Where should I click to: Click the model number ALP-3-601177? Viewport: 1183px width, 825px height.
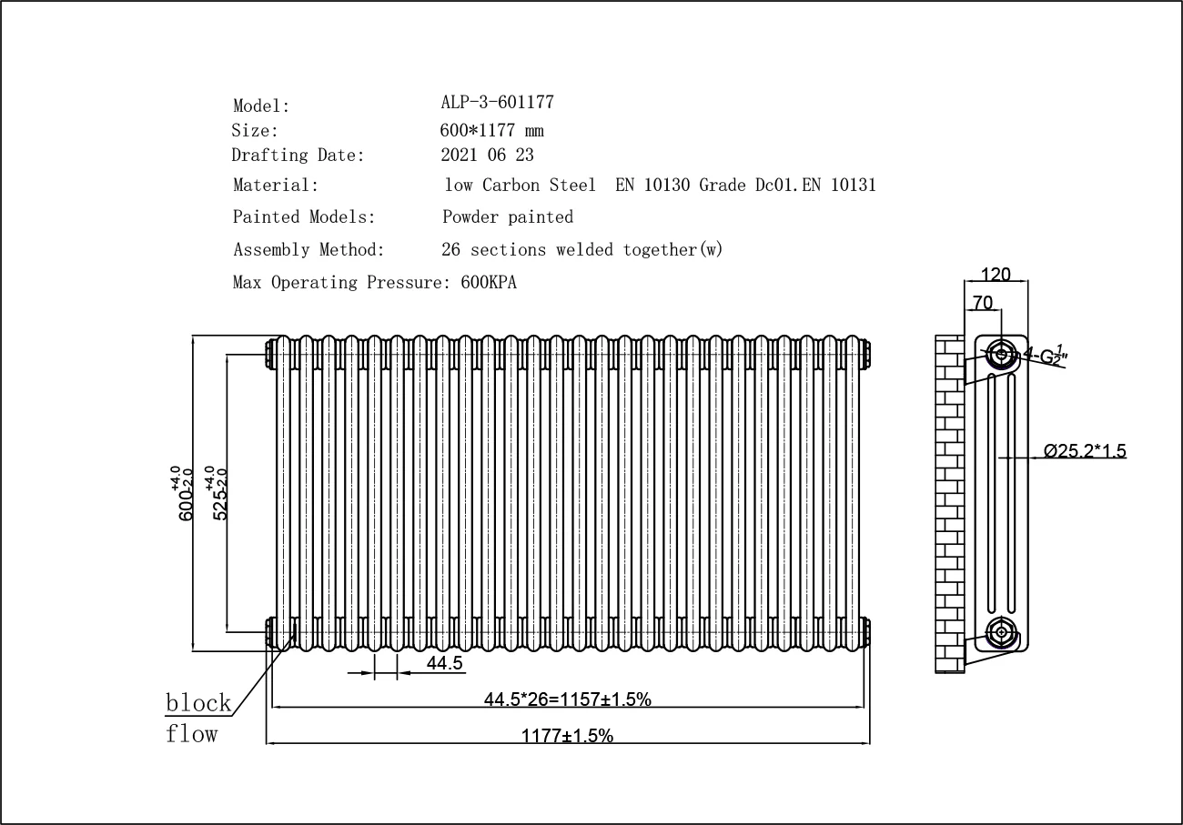[497, 102]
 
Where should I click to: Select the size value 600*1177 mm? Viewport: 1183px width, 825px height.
[491, 130]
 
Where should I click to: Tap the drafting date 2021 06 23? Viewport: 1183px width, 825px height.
[487, 156]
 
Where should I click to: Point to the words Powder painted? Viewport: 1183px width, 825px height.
[508, 216]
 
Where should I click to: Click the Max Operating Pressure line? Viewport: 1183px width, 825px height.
[374, 282]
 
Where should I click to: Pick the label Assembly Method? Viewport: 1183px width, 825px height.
[308, 249]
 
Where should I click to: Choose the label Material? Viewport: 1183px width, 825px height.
[276, 186]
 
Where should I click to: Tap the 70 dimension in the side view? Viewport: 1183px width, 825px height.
[983, 302]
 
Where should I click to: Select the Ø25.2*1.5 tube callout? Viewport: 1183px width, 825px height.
[1085, 450]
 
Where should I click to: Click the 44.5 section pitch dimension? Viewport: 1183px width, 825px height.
[445, 663]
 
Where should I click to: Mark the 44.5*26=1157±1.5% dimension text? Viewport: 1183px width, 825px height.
[567, 699]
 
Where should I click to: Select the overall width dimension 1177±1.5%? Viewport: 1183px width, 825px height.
[567, 735]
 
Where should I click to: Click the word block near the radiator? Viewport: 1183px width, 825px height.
[197, 702]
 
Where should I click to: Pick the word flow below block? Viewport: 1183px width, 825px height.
[191, 733]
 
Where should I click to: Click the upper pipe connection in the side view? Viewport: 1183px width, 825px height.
[1002, 353]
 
